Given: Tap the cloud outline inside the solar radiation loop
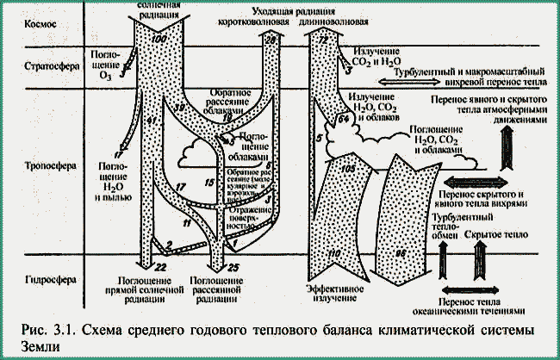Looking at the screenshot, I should point(199,158).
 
